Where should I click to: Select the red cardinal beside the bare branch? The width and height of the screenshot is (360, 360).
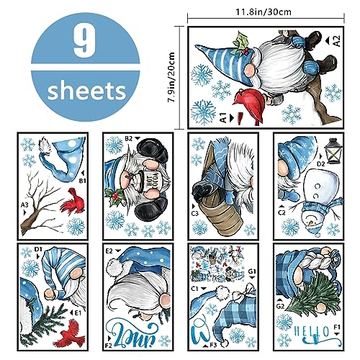67,199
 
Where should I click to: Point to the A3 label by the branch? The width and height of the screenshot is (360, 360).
24,205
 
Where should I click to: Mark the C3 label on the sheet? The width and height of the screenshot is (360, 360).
194,213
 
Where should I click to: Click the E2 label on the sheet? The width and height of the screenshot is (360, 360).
109,252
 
